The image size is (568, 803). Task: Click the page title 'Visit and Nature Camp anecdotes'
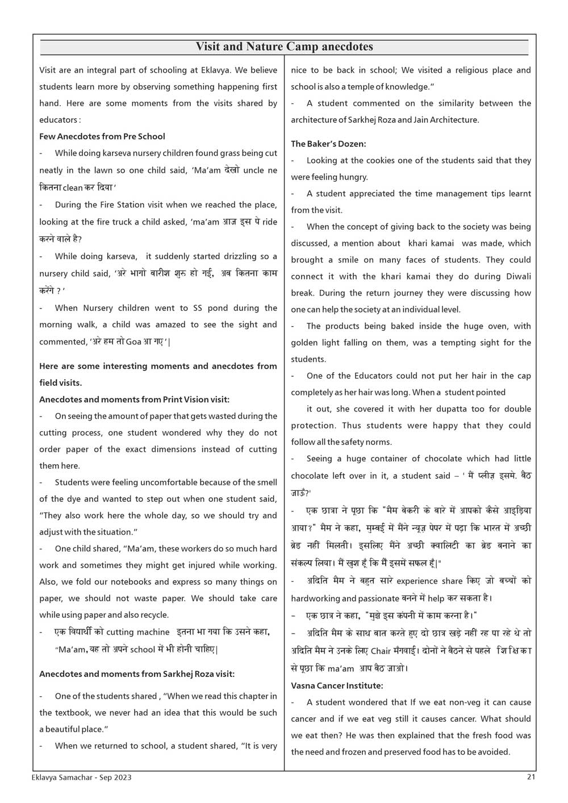pyautogui.click(x=284, y=47)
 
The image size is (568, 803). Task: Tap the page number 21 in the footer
pyautogui.click(x=531, y=777)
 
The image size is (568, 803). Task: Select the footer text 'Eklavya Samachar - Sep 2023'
pyautogui.click(x=82, y=777)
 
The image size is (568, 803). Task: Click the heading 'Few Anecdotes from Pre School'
pyautogui.click(x=102, y=136)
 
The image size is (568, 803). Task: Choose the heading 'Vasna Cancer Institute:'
pyautogui.click(x=337, y=686)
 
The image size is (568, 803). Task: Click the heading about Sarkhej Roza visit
pyautogui.click(x=137, y=674)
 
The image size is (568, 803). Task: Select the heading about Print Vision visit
pyautogui.click(x=134, y=400)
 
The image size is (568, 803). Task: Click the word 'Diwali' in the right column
pyautogui.click(x=517, y=276)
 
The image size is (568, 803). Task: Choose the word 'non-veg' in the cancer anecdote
pyautogui.click(x=451, y=702)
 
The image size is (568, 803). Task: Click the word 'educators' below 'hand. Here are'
pyautogui.click(x=58, y=120)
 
